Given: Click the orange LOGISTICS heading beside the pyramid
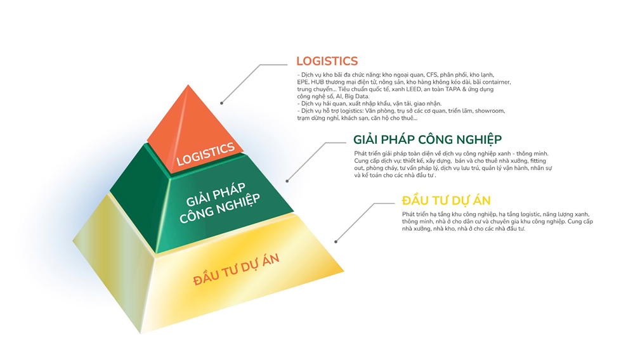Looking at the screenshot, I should (327, 61).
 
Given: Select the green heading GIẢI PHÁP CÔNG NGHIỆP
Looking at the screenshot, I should (427, 139).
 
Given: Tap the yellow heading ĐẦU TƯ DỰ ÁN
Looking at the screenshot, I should (446, 200).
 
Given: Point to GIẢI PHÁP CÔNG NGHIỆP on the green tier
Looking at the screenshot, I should (219, 205).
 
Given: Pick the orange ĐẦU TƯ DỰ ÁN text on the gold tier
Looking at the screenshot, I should (236, 269).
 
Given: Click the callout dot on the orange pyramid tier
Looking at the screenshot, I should (221, 103).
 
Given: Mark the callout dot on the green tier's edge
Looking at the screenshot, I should (287, 181).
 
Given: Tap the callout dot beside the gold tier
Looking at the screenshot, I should (336, 241).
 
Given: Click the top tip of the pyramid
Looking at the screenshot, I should (188, 86).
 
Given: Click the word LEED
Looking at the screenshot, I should (411, 89).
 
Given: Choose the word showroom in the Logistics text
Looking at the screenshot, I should (490, 111).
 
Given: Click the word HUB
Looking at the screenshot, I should (317, 82).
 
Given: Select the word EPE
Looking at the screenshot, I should (302, 82).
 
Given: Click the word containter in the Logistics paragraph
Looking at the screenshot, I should (493, 82).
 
